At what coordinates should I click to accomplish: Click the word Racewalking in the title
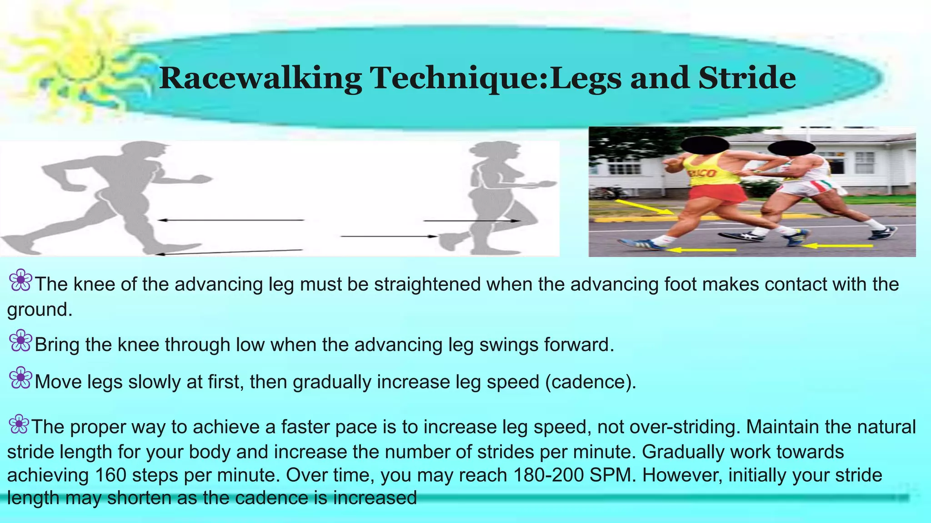click(260, 78)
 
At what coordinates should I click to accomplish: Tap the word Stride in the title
click(747, 78)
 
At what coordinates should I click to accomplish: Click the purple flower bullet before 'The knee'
click(20, 281)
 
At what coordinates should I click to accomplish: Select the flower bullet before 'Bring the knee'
click(20, 341)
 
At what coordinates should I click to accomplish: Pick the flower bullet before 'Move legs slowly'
click(20, 378)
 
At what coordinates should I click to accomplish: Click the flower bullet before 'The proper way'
click(19, 424)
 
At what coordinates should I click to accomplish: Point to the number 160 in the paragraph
click(110, 475)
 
